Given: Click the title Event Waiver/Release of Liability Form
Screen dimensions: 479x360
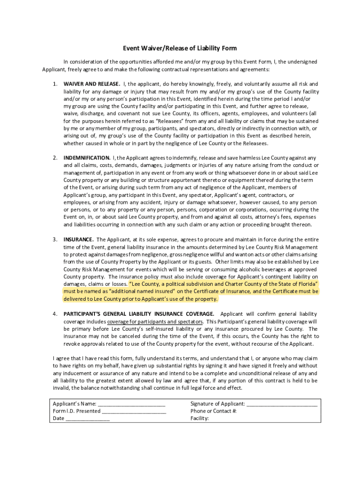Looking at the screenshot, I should point(180,48).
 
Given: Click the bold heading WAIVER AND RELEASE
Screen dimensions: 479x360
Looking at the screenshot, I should point(92,84).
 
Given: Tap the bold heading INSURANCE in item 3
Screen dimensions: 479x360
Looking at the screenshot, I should point(79,239).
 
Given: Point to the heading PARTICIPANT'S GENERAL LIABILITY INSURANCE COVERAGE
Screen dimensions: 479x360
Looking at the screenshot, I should point(139,314).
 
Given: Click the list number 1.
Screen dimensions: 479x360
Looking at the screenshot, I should point(55,84).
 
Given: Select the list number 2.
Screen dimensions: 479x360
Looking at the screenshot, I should point(55,158).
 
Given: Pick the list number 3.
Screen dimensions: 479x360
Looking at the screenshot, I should point(55,239).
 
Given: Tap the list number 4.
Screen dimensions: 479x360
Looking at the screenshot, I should point(55,314).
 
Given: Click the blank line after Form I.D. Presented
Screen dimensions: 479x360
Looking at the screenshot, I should point(134,412).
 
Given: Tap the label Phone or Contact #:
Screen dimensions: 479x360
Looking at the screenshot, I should point(214,411).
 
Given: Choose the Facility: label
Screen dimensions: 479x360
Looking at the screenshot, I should point(200,419).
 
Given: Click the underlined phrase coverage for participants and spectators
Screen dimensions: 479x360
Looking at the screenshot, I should point(155,322).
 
